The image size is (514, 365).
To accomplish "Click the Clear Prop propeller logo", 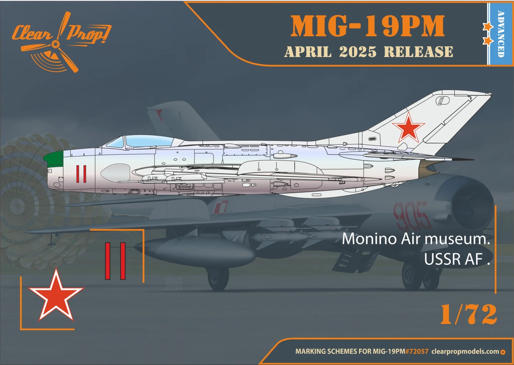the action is click(x=61, y=42).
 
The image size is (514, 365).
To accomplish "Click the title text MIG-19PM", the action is click(x=367, y=26).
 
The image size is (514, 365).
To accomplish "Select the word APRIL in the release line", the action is click(x=308, y=52).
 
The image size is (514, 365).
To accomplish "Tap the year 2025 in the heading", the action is click(x=358, y=52).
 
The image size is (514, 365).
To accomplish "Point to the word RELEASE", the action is click(x=419, y=52).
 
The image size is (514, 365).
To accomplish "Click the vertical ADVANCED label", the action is click(x=501, y=34).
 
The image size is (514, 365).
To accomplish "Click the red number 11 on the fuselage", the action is click(x=81, y=174).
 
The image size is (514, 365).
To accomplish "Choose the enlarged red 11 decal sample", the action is click(x=115, y=261).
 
